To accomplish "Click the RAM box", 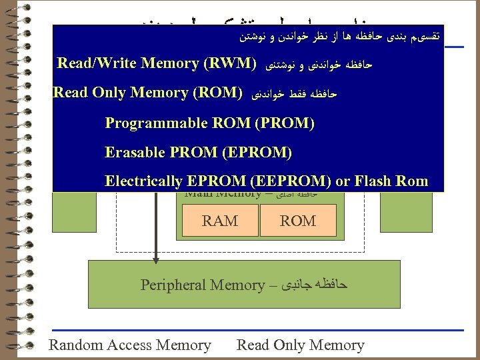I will [219, 221].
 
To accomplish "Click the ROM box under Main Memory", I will [298, 221].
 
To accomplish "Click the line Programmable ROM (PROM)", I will [209, 123].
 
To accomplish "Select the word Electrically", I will [143, 181].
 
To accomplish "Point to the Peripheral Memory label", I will [203, 285].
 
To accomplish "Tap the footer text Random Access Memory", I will [130, 345].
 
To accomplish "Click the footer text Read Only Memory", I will [301, 345].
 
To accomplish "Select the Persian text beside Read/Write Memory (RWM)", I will [319, 65].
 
